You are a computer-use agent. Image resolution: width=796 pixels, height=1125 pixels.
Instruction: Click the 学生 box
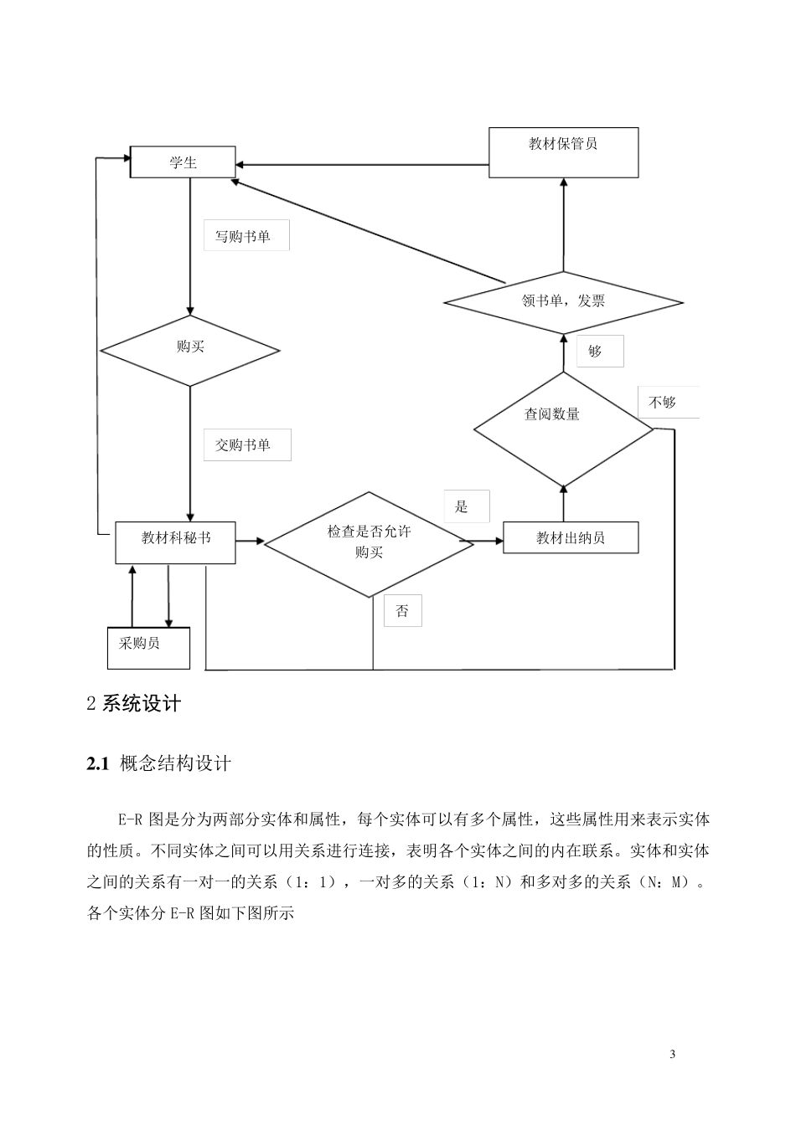[x=183, y=162]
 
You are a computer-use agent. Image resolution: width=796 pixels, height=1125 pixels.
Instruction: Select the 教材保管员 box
[x=563, y=152]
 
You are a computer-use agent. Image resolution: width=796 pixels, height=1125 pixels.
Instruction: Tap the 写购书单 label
[x=246, y=236]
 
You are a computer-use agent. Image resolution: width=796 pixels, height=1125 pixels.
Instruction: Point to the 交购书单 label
[x=246, y=445]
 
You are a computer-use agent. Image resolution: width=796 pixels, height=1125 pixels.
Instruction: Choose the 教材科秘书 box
[x=175, y=542]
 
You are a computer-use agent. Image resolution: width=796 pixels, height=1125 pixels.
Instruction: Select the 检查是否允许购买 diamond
[x=369, y=542]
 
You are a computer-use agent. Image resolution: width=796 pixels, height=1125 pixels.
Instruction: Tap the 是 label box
[x=466, y=506]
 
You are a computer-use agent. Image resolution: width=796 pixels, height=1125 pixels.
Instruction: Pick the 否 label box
[x=402, y=610]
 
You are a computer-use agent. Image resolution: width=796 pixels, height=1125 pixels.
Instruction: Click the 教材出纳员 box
[x=571, y=537]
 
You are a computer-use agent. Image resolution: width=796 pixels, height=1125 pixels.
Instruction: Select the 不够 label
[x=667, y=403]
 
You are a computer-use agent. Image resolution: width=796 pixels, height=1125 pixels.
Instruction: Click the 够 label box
[x=599, y=351]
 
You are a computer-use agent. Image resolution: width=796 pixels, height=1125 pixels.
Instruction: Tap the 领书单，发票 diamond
[x=563, y=301]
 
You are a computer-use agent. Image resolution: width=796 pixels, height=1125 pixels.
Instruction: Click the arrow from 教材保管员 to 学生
[x=360, y=165]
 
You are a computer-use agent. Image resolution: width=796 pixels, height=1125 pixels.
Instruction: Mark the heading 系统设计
[x=141, y=703]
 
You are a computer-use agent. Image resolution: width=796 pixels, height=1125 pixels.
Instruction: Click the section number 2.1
[x=98, y=763]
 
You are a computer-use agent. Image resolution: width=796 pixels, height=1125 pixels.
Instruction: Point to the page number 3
[x=672, y=1053]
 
